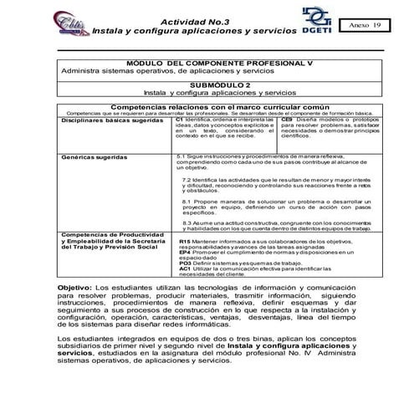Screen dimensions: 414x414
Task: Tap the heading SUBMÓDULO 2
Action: pyautogui.click(x=220, y=84)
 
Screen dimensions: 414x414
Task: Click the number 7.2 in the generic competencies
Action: pyautogui.click(x=187, y=180)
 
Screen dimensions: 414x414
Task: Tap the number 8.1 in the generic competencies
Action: pyautogui.click(x=187, y=201)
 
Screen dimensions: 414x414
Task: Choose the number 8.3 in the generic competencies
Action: pyautogui.click(x=187, y=222)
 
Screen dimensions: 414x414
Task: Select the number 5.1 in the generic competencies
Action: pyautogui.click(x=183, y=156)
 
